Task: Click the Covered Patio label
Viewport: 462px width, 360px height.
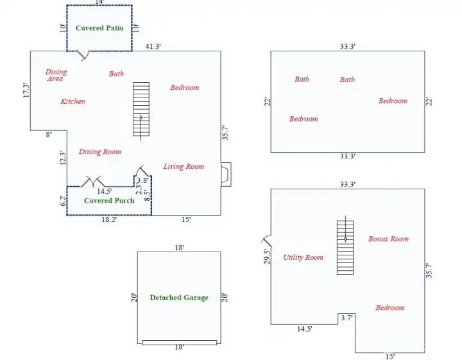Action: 99,28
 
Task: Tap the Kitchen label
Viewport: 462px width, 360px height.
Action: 73,101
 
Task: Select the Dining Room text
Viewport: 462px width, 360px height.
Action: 100,152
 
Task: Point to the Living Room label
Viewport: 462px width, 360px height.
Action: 184,167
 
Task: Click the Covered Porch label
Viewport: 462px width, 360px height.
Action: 109,200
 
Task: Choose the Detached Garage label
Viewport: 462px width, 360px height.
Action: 179,298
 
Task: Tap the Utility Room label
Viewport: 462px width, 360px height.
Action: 303,258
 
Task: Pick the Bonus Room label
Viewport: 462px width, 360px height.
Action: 388,239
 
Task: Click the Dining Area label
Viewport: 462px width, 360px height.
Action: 56,75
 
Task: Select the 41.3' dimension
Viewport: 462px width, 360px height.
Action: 152,47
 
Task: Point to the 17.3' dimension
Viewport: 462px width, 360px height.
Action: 26,90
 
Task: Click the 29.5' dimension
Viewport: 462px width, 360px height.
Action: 266,257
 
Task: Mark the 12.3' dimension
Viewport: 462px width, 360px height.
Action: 62,158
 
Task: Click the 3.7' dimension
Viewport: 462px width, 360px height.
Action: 346,318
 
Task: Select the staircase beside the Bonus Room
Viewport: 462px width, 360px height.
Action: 345,247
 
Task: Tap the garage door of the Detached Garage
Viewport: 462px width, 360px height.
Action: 179,343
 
